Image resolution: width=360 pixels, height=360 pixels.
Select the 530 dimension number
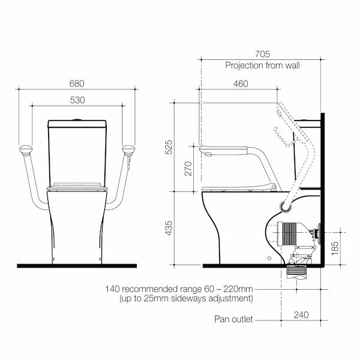77,100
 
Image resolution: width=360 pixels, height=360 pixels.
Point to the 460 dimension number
240,84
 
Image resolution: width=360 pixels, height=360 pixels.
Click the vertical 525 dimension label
169,148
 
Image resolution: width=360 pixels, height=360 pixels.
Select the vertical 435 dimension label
169,228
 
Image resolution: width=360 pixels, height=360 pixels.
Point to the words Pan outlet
234,319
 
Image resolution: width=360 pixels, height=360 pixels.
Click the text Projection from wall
262,65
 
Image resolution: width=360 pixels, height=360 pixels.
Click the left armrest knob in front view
25,150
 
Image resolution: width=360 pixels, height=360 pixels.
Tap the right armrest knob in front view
128,150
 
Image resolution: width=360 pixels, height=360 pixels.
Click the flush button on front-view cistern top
77,121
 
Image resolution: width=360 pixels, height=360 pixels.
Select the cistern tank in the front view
77,153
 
